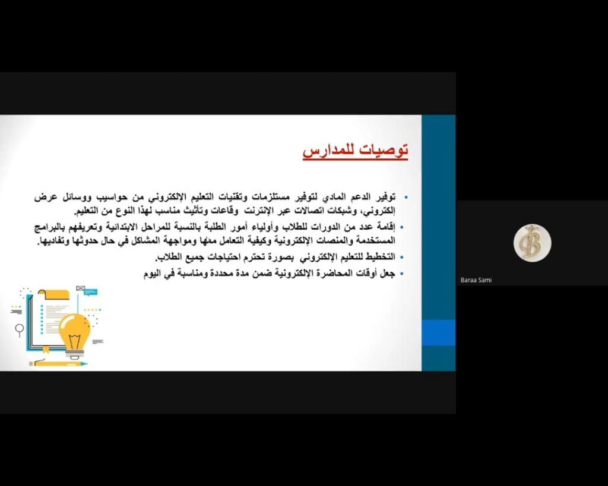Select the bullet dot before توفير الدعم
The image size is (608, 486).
[x=406, y=197]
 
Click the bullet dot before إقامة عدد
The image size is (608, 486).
[x=402, y=227]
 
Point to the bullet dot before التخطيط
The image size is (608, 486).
[x=402, y=257]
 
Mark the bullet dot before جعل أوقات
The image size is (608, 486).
[x=402, y=274]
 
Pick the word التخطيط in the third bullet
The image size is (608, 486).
[x=381, y=257]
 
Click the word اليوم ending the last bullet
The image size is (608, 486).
[x=151, y=274]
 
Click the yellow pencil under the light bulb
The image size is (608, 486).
[x=59, y=364]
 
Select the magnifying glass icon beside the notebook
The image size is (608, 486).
[x=20, y=330]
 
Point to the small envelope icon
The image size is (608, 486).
[x=80, y=288]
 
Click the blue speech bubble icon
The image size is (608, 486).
[x=91, y=292]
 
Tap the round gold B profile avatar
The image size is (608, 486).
[x=532, y=243]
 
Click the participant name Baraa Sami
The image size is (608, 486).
[x=476, y=280]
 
